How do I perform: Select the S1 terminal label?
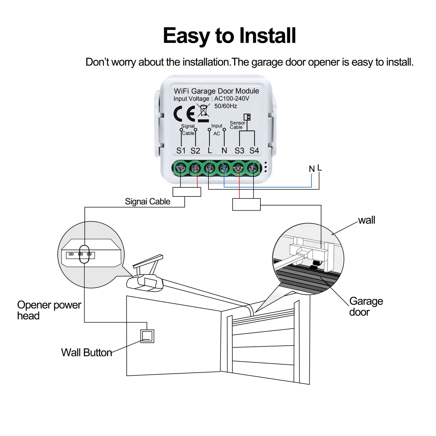pos(181,151)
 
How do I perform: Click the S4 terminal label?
pos(254,151)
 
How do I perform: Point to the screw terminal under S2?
pos(195,168)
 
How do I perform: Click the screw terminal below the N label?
pos(224,168)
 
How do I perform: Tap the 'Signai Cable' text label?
pos(148,202)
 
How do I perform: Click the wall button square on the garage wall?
pos(147,336)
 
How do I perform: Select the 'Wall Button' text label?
pos(86,352)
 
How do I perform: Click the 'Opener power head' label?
pos(49,310)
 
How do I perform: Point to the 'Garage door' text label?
pos(366,307)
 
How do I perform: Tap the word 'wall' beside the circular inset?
pos(366,220)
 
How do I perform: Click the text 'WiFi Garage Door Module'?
pos(216,91)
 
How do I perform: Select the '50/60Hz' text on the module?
pos(226,106)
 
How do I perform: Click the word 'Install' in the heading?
pos(267,36)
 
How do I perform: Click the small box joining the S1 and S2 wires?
pos(187,192)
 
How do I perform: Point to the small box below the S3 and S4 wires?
pos(246,204)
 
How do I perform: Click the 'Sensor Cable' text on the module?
pos(237,125)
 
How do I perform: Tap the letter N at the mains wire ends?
pos(312,169)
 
